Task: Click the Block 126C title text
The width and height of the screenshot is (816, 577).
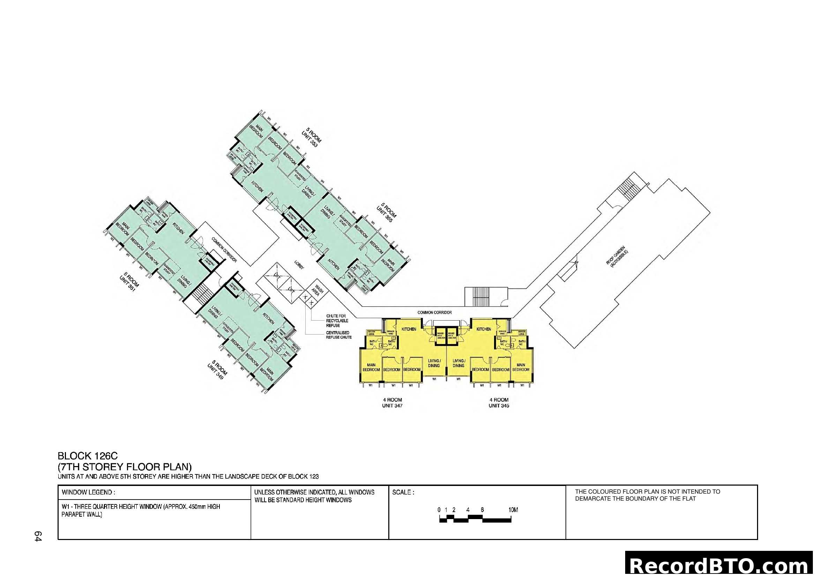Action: click(88, 456)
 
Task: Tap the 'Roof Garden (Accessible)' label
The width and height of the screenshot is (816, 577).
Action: click(617, 256)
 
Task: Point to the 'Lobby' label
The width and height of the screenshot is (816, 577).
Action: click(299, 265)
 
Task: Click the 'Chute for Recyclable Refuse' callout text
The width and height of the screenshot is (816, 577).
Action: click(337, 321)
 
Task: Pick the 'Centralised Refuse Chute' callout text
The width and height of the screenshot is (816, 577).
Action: click(338, 335)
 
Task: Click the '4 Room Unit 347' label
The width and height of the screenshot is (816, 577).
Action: click(392, 403)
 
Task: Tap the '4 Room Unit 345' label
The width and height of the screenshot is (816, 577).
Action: click(499, 403)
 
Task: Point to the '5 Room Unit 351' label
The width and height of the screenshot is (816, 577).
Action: click(129, 282)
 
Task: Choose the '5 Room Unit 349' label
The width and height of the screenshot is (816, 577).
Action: click(217, 370)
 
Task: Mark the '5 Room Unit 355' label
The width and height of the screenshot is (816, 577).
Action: click(386, 212)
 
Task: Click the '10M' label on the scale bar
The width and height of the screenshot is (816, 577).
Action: click(513, 510)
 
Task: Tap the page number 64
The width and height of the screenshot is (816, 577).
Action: click(38, 536)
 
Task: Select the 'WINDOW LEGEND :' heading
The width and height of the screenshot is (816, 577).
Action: click(88, 493)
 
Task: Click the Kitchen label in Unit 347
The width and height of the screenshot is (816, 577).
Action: click(409, 329)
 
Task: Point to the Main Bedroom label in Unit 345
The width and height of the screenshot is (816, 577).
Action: click(521, 367)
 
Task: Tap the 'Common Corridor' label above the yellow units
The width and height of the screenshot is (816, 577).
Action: click(434, 312)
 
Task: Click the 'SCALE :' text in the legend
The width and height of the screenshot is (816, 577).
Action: click(403, 493)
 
